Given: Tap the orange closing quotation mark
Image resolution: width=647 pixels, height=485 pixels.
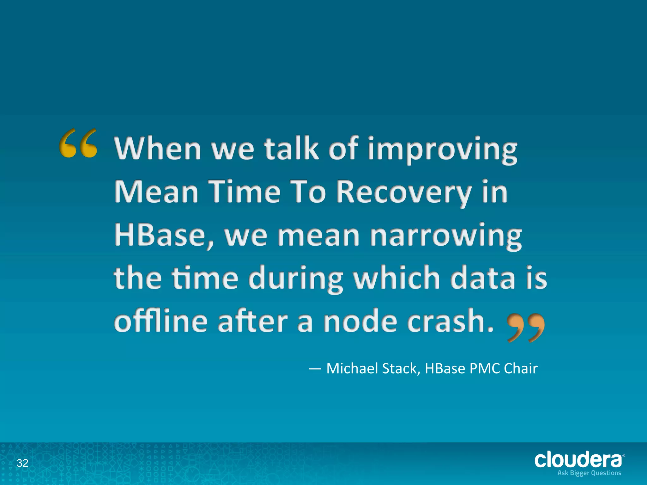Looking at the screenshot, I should [x=526, y=327].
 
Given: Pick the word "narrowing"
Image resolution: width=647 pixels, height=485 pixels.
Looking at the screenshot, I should [x=446, y=236].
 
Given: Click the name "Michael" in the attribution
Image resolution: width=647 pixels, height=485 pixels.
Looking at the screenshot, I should [x=352, y=368].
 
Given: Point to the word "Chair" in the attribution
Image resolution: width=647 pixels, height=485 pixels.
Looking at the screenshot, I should [x=521, y=368].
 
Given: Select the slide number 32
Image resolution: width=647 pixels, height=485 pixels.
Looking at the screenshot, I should [x=22, y=463].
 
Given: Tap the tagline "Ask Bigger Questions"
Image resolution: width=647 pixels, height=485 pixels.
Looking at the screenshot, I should [x=589, y=473].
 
